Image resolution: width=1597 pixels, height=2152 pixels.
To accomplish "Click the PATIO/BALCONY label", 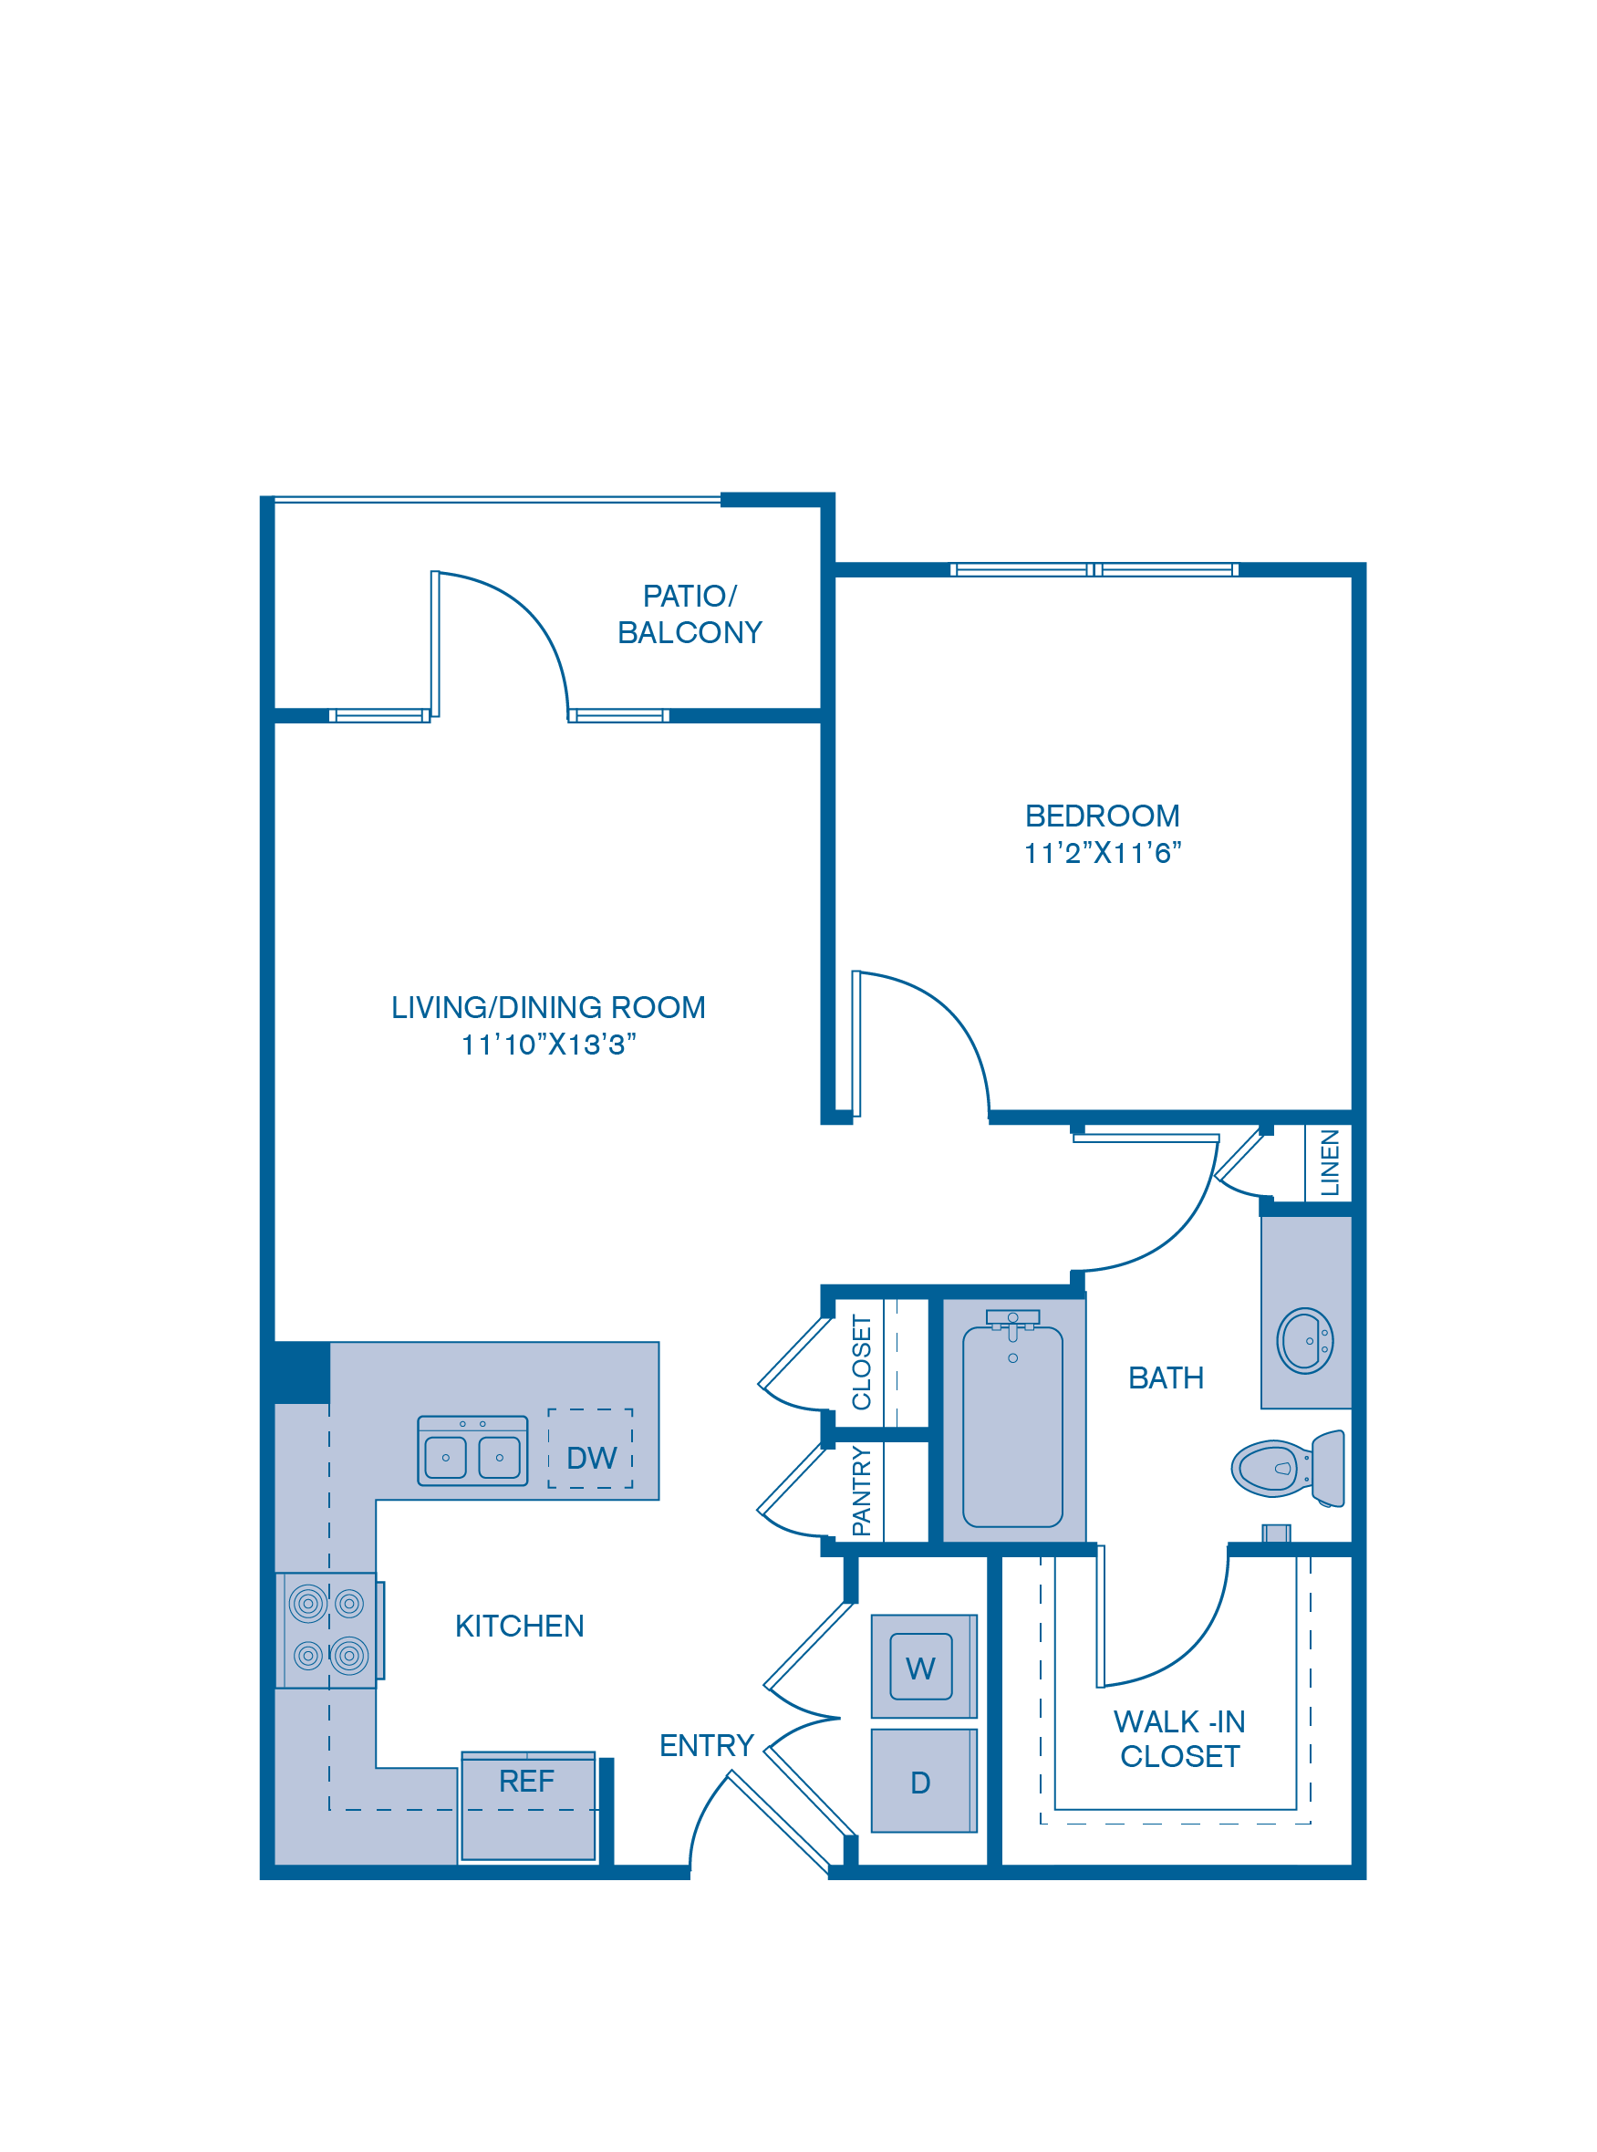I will tap(690, 614).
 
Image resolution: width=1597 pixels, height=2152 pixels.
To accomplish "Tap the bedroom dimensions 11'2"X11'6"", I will tap(1102, 853).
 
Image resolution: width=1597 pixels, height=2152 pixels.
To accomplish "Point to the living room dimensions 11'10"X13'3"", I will tap(548, 1045).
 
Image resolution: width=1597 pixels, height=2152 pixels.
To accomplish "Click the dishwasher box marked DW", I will tap(591, 1457).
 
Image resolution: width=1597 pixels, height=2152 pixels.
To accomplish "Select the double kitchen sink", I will tap(472, 1450).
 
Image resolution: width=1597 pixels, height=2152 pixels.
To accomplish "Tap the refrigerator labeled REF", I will tap(528, 1806).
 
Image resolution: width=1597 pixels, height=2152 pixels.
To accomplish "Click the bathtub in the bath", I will tap(1012, 1426).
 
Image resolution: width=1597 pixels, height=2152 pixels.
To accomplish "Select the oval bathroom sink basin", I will tap(1305, 1341).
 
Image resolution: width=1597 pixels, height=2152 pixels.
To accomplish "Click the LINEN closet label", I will tap(1330, 1162).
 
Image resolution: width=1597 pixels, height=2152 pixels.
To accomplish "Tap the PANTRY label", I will tap(861, 1491).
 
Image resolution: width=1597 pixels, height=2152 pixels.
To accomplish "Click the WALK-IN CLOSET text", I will tap(1179, 1738).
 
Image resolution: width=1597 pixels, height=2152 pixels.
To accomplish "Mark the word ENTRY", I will tap(706, 1745).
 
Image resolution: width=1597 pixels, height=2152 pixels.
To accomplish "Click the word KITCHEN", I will tap(519, 1626).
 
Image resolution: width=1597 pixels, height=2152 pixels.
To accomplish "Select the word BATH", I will tap(1166, 1377).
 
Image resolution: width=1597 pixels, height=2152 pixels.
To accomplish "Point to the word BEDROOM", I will tap(1102, 816).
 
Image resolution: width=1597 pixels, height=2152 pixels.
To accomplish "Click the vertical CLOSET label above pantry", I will tap(861, 1361).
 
